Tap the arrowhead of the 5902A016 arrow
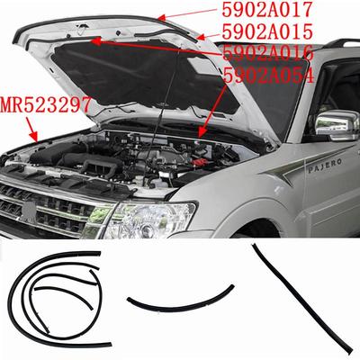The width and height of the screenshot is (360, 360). [x=89, y=40]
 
